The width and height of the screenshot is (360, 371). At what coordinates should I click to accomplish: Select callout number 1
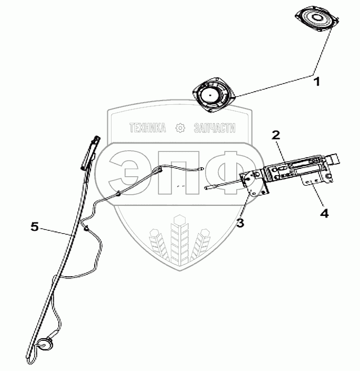(317, 82)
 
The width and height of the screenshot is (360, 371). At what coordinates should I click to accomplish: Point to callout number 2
(276, 135)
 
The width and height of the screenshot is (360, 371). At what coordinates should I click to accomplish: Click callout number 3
(240, 223)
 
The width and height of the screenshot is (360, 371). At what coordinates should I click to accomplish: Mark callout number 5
(34, 227)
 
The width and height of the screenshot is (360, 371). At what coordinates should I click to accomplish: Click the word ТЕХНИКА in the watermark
(147, 128)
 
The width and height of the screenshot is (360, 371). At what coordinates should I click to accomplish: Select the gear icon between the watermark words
(181, 128)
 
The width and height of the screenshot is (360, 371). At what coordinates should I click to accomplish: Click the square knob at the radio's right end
(335, 159)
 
